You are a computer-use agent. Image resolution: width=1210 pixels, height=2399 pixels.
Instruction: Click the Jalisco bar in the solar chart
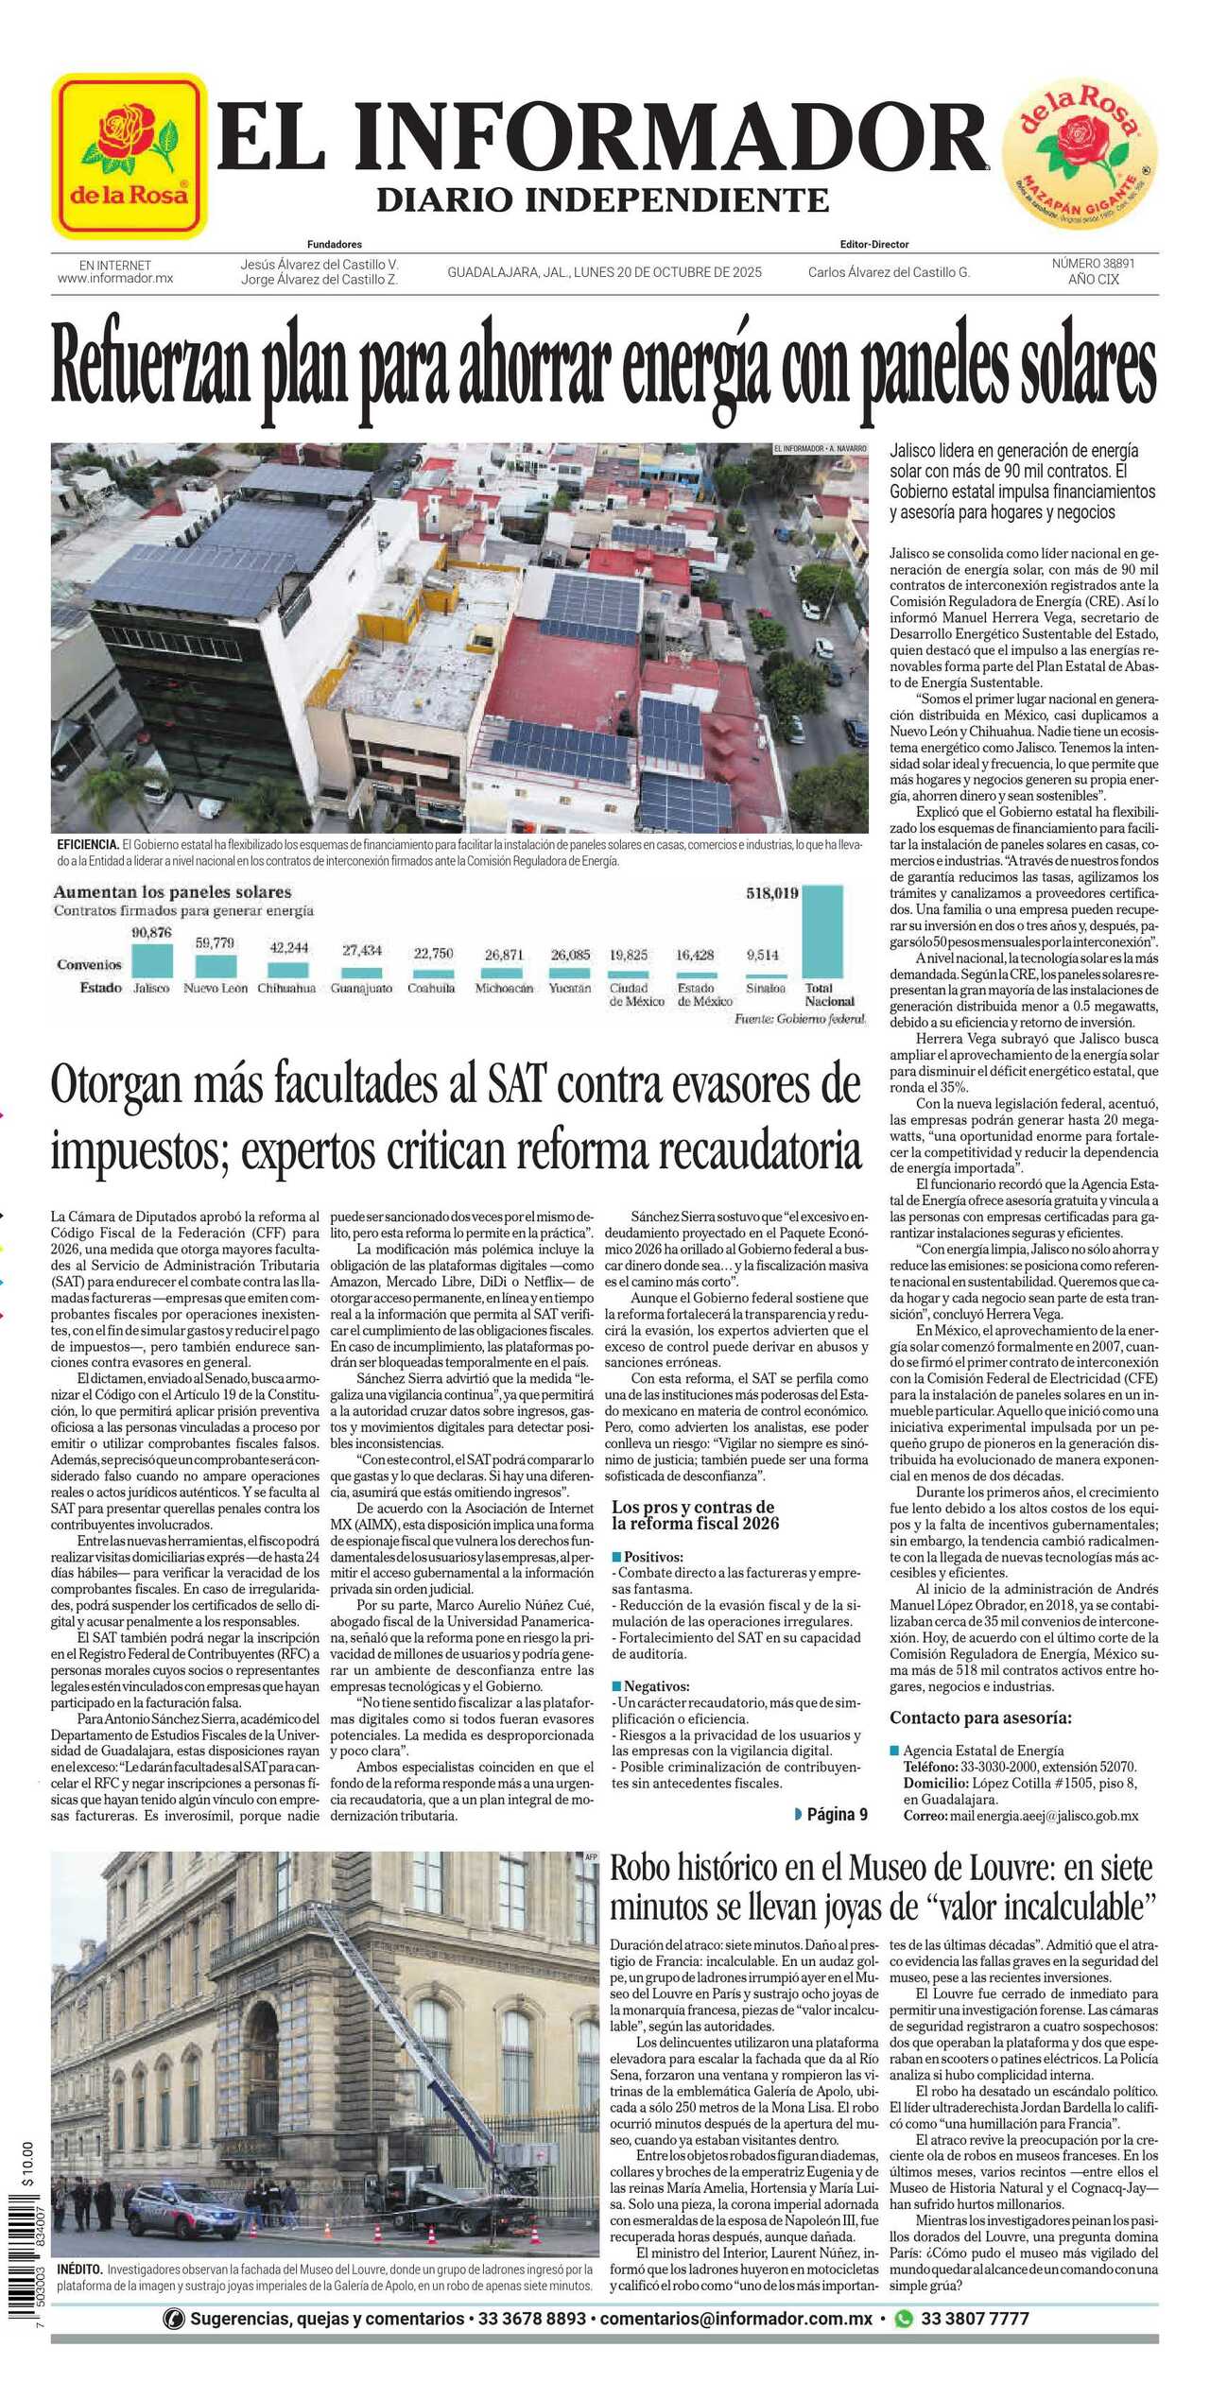[151, 959]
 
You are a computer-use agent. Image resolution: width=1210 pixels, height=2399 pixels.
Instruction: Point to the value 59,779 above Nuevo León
[215, 943]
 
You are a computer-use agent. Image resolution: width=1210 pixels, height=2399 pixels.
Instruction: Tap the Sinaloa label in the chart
[765, 988]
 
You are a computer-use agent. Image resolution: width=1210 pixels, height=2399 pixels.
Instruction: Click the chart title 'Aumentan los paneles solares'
[172, 892]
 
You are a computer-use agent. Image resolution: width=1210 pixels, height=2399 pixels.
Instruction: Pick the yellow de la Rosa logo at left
[129, 156]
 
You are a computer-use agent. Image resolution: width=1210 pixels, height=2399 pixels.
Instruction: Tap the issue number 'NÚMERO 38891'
[1093, 264]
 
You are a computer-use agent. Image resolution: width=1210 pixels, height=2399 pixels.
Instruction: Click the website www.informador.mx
[114, 279]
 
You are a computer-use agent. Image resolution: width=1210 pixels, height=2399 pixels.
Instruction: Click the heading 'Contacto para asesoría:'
[980, 1717]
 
